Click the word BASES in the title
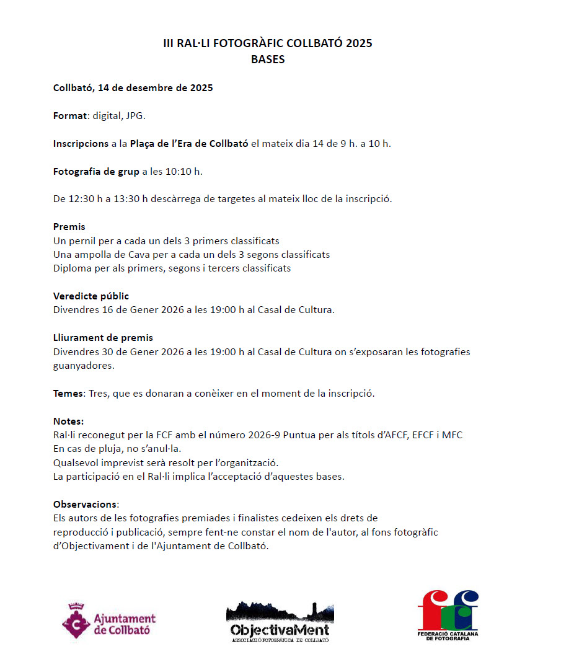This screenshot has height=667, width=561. pyautogui.click(x=268, y=60)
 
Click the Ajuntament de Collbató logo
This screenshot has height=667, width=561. pyautogui.click(x=108, y=622)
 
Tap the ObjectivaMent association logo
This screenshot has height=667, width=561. pyautogui.click(x=280, y=622)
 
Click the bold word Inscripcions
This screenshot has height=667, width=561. pyautogui.click(x=81, y=144)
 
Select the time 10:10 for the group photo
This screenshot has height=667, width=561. pyautogui.click(x=177, y=172)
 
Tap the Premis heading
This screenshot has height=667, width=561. pyautogui.click(x=69, y=227)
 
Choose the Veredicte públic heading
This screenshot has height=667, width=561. pyautogui.click(x=91, y=296)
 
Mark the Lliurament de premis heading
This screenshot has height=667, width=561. pyautogui.click(x=103, y=338)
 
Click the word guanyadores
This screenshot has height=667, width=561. pyautogui.click(x=84, y=366)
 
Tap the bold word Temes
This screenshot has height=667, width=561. pyautogui.click(x=68, y=394)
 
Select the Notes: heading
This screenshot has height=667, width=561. pyautogui.click(x=68, y=422)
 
